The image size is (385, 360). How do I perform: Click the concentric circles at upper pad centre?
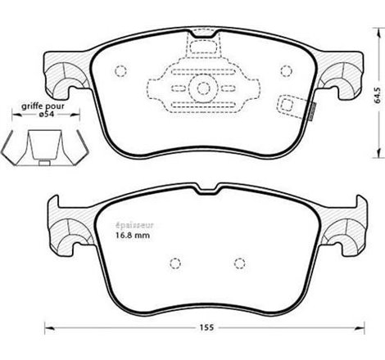(200, 88)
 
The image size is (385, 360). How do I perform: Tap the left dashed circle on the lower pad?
(174, 263)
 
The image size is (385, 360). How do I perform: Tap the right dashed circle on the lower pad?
(239, 263)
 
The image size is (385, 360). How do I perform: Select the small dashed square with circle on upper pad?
(292, 105)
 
